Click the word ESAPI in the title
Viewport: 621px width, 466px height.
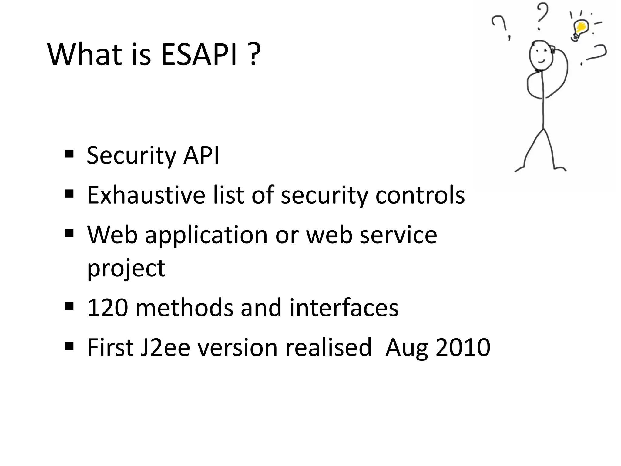(x=199, y=55)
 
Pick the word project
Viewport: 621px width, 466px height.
(x=126, y=268)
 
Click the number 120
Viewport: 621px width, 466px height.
(x=108, y=308)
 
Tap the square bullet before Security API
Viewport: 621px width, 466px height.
(x=69, y=154)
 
